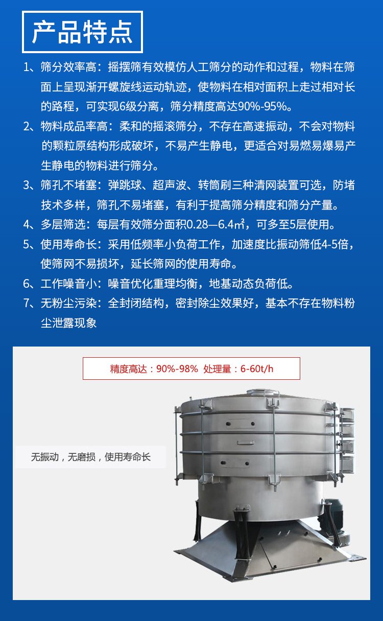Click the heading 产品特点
82,32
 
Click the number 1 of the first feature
27,67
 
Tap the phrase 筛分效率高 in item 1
68,67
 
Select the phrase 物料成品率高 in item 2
74,126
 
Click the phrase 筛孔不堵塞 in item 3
68,185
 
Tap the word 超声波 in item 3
169,185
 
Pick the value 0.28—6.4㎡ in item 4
216,224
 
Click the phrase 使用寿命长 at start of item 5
68,244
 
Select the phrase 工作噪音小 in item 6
68,284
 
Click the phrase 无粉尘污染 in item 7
68,303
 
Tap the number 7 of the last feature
27,303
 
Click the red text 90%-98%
177,369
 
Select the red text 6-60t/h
257,369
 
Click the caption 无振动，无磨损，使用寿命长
90,457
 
